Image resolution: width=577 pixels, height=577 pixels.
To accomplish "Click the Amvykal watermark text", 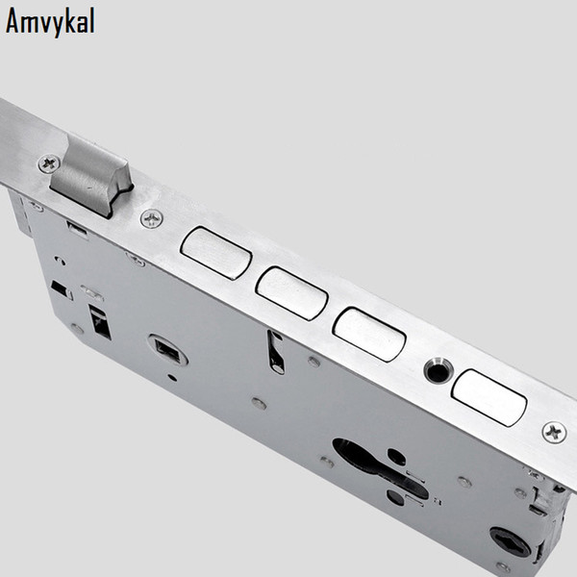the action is [50, 22].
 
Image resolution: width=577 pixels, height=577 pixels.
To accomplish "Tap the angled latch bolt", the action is [90, 177].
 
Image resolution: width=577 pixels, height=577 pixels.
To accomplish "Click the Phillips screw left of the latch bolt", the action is [49, 163].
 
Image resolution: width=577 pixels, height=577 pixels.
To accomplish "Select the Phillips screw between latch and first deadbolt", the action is [152, 218].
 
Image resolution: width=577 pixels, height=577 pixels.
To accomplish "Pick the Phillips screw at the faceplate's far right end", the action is [555, 433].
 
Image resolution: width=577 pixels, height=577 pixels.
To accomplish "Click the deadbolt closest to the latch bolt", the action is [216, 253].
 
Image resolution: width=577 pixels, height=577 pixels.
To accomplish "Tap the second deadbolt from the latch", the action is [291, 293].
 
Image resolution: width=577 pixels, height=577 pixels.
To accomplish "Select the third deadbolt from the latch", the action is [369, 335].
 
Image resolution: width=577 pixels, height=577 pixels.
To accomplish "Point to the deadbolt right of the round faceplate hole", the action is [489, 398].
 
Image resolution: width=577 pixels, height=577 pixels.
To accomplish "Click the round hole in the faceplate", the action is [439, 371].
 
